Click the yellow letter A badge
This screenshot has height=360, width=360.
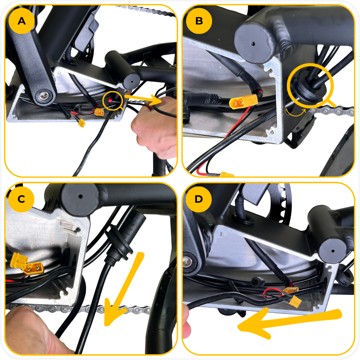tap(22, 21)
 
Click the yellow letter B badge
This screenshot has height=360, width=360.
tap(199, 21)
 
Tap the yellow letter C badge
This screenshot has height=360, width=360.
tap(21, 199)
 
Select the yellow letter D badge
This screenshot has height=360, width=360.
tap(199, 199)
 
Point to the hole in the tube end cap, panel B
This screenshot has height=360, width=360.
tap(253, 44)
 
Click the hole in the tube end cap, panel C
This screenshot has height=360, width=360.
tap(80, 197)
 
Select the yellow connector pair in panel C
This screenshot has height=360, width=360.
tap(27, 264)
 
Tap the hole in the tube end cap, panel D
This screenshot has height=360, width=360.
tap(333, 251)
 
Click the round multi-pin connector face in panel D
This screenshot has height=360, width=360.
tap(255, 282)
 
